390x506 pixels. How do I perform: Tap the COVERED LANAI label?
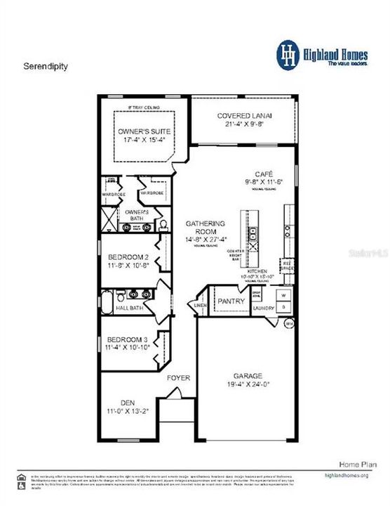click(244, 116)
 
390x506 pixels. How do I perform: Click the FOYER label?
click(178, 378)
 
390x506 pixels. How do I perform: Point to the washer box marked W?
click(283, 294)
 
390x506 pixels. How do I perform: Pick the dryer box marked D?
click(283, 307)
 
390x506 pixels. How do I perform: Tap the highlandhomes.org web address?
click(346, 476)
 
